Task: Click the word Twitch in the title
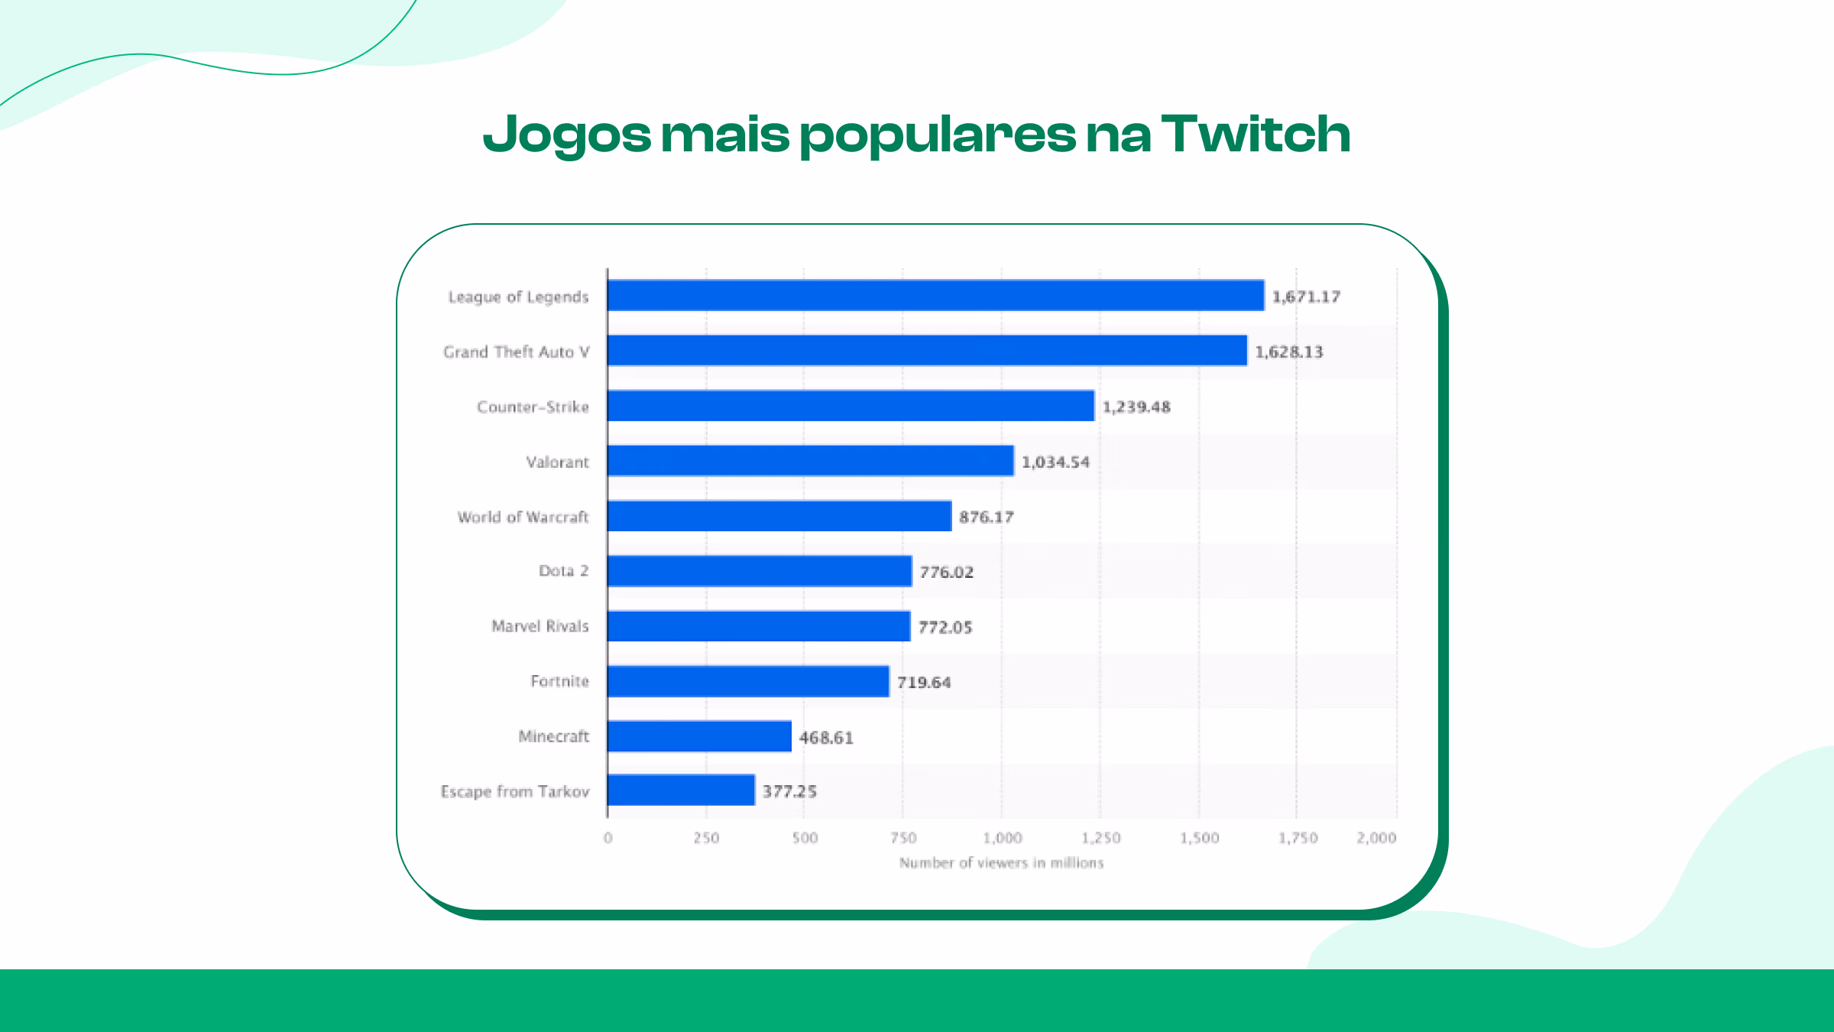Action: point(1255,135)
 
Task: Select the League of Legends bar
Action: point(935,296)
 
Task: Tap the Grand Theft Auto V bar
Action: point(927,351)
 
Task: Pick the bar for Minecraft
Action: point(699,736)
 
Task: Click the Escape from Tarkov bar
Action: point(681,790)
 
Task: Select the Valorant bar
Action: point(810,461)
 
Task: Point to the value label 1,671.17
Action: point(1306,297)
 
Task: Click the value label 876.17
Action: point(986,518)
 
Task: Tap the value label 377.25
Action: point(789,792)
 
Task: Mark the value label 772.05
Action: point(945,628)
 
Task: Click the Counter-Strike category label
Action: point(533,407)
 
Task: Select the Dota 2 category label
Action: point(563,571)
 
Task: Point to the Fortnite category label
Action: point(559,681)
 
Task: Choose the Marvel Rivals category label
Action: point(540,626)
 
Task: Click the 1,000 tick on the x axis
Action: point(1002,839)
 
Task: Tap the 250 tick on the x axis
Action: point(706,839)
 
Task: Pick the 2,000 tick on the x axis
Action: point(1376,839)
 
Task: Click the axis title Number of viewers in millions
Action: point(1001,863)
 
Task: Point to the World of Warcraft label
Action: point(523,518)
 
